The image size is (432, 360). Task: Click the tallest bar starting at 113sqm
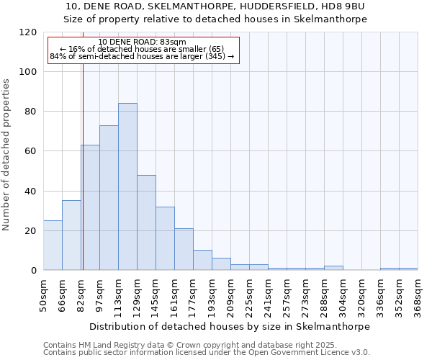[x=127, y=186]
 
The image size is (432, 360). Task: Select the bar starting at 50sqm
[x=53, y=246]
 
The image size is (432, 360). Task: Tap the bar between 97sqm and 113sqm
[x=109, y=198]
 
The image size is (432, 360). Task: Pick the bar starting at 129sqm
[x=146, y=222]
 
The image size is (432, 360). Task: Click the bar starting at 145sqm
[x=165, y=238]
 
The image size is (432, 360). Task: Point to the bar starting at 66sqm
[x=71, y=235]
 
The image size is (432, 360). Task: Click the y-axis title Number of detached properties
[x=6, y=155]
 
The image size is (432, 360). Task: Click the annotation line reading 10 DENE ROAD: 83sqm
[x=142, y=42]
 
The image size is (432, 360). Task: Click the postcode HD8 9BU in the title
[x=346, y=6]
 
